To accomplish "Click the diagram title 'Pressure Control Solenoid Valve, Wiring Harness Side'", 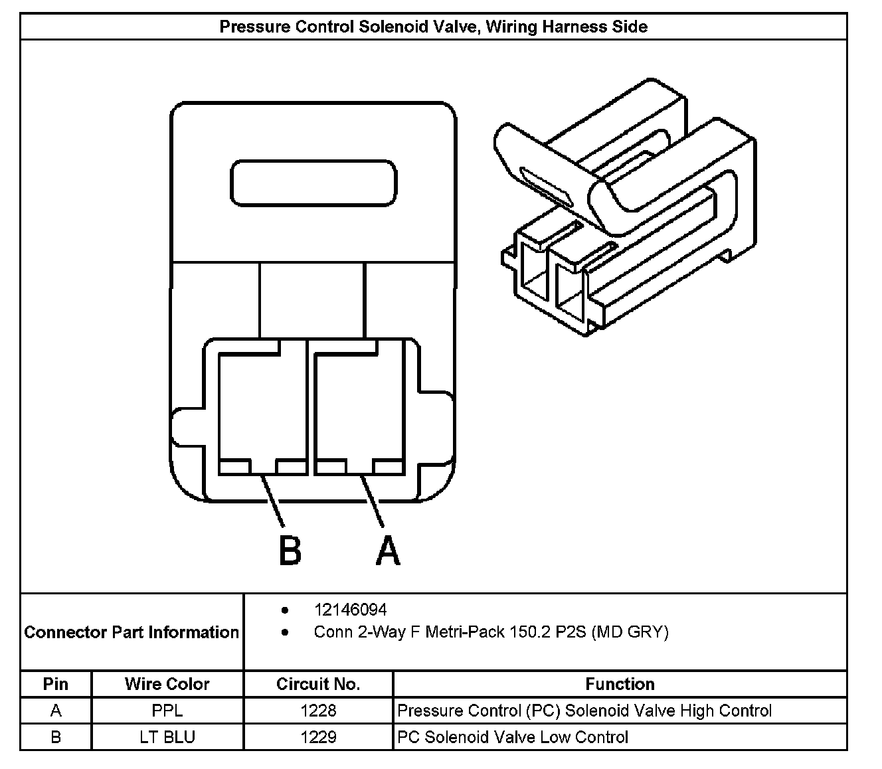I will click(433, 27).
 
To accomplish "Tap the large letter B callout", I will click(289, 550).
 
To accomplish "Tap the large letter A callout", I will click(388, 550).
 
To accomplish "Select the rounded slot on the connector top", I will click(313, 181).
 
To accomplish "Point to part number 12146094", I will click(350, 610).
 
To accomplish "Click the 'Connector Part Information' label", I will click(132, 632).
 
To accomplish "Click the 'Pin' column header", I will click(56, 684).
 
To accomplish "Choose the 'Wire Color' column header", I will click(167, 684).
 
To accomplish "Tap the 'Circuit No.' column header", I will click(318, 684).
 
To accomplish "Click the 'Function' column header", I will click(620, 684).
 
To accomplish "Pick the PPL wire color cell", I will click(167, 711).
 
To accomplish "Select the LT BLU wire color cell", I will click(167, 737).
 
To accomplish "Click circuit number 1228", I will click(318, 711).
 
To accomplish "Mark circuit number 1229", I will click(318, 737).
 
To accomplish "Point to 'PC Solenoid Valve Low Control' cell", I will click(513, 737).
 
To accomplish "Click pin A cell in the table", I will click(56, 711).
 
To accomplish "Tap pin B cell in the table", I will click(56, 737).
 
